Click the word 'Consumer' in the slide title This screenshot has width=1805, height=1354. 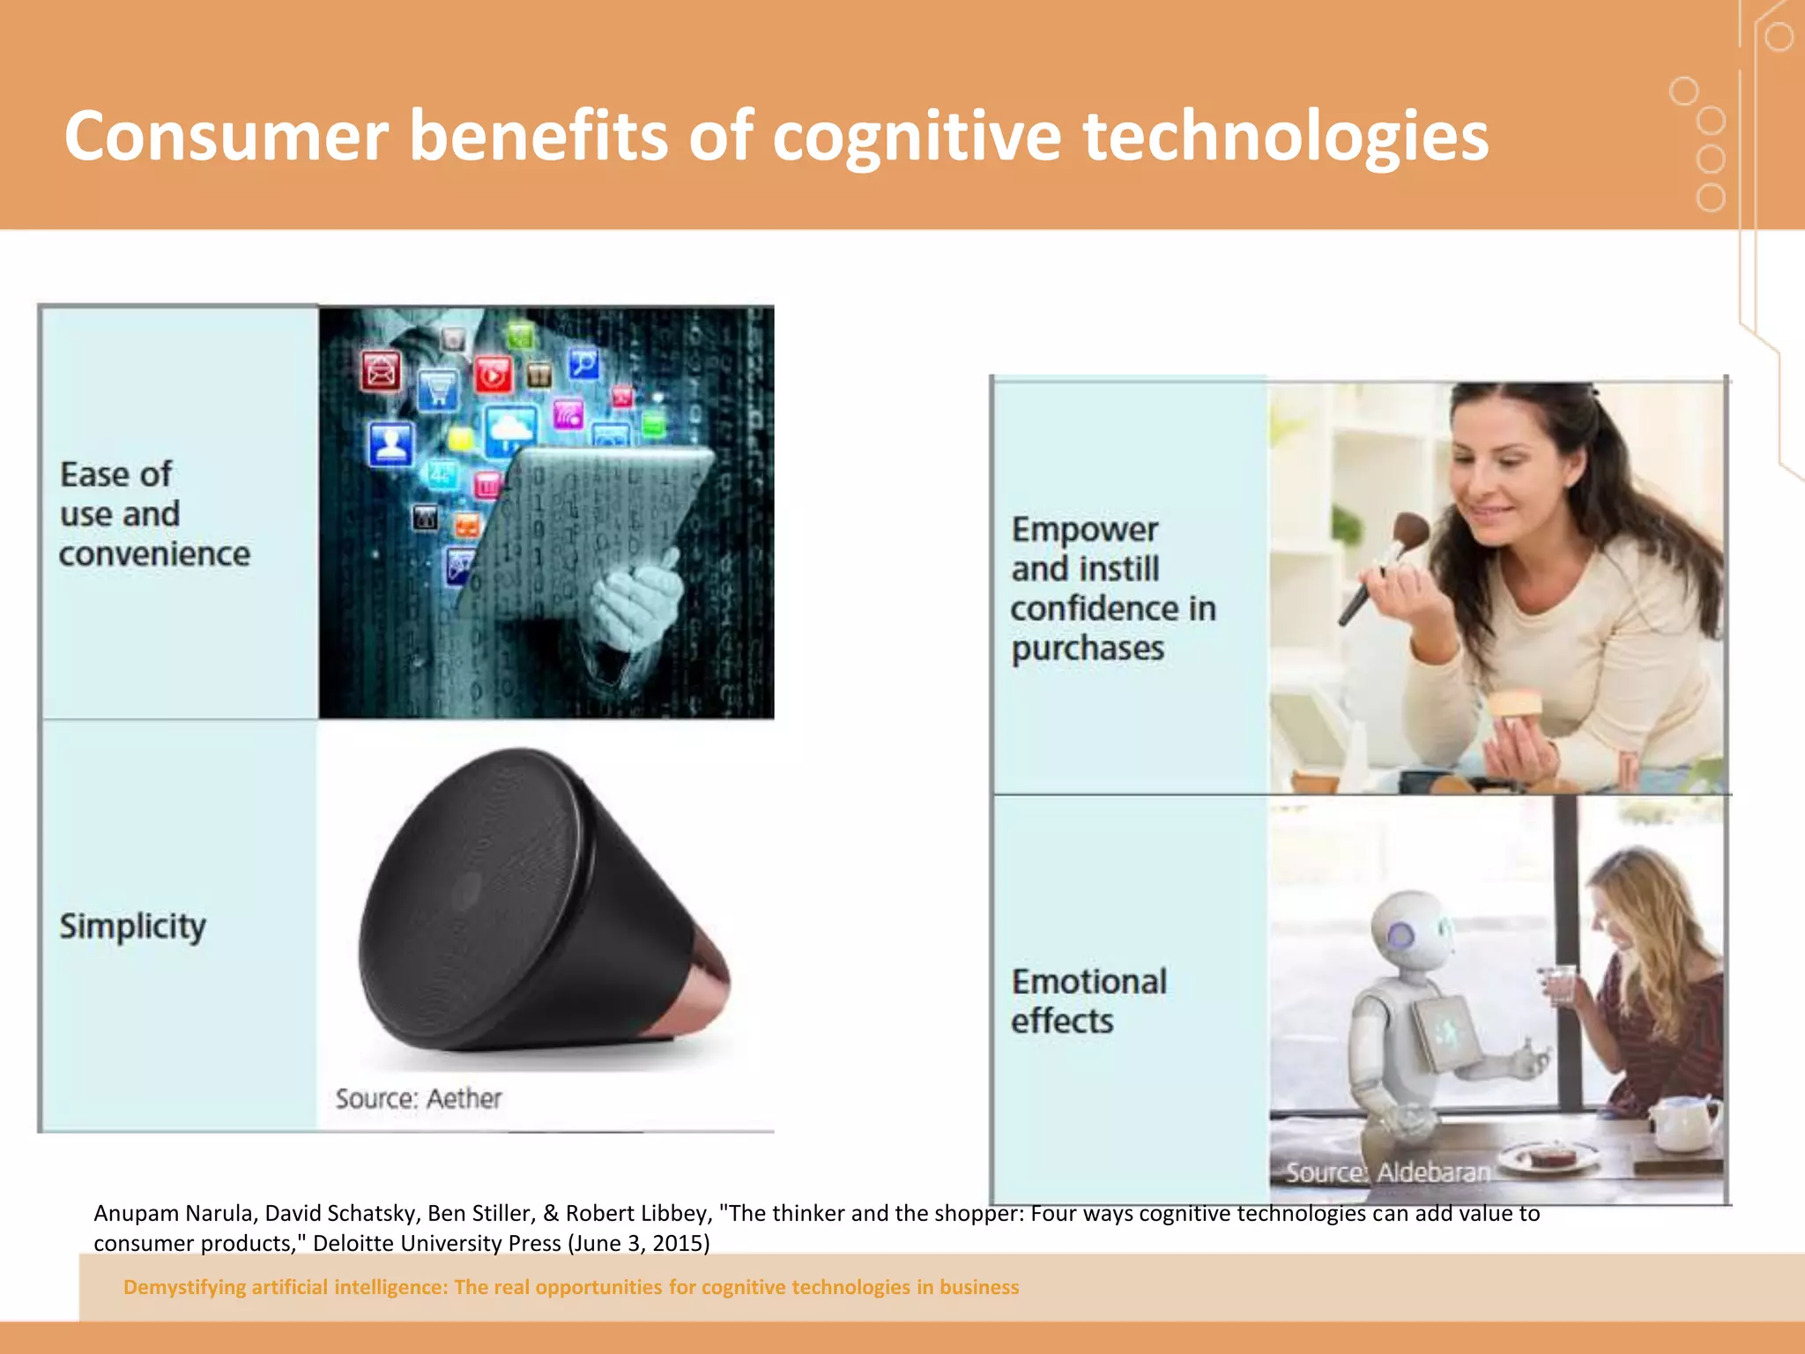tap(226, 137)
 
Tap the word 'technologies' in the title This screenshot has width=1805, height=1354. tap(1285, 137)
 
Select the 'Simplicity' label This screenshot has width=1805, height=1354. tap(132, 926)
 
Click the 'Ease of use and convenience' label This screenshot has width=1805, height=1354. tap(154, 514)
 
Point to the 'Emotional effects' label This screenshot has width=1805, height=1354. tap(1088, 1001)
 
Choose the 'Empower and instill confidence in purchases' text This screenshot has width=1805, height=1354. tap(1112, 588)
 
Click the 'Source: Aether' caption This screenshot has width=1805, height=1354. tap(418, 1098)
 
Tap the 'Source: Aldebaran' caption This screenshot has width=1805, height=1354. tap(1387, 1172)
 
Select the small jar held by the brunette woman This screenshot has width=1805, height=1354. tap(1514, 706)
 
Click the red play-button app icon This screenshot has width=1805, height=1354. tap(493, 375)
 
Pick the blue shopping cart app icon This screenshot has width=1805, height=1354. tap(438, 388)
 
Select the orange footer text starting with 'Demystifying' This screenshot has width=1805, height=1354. tap(571, 1287)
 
